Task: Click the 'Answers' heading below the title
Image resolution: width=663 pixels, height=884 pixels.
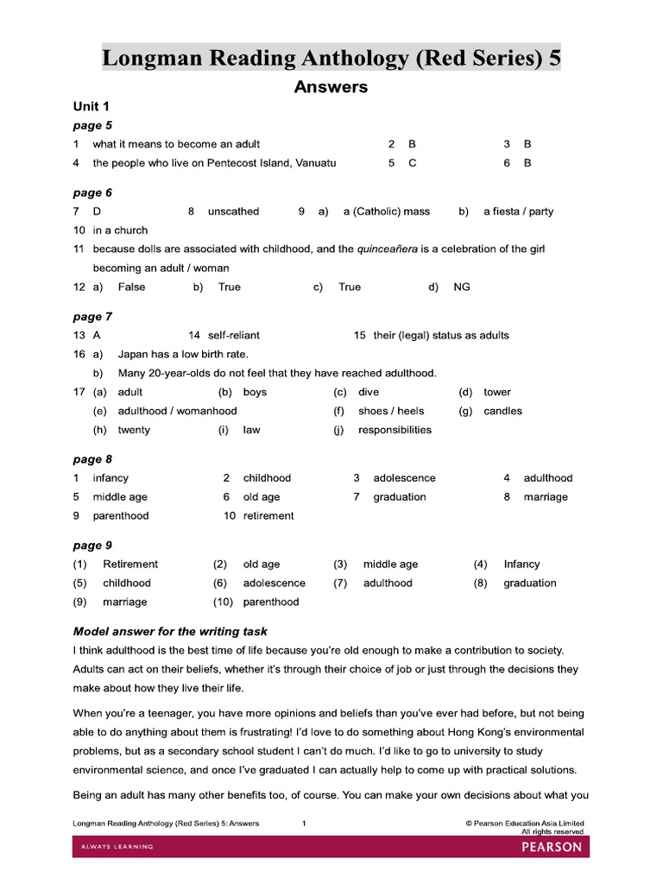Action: [331, 87]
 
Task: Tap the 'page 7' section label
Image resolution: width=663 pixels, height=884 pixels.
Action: [92, 317]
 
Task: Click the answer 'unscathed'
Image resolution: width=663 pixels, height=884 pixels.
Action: [233, 212]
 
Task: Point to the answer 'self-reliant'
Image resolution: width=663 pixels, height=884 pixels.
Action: [234, 335]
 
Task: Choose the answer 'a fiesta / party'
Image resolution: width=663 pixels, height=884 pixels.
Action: [518, 212]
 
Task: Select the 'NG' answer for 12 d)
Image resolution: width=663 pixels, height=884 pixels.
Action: [462, 287]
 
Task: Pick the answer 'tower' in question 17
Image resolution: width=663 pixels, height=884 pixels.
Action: [497, 392]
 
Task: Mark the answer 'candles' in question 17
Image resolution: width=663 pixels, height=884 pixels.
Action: [502, 411]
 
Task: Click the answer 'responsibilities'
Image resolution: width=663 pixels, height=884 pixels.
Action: [395, 430]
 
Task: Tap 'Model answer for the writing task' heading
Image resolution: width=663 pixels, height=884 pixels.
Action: [171, 632]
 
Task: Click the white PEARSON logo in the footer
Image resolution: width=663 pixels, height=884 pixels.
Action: [552, 847]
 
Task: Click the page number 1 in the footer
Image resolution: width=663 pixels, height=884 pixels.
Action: [304, 824]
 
